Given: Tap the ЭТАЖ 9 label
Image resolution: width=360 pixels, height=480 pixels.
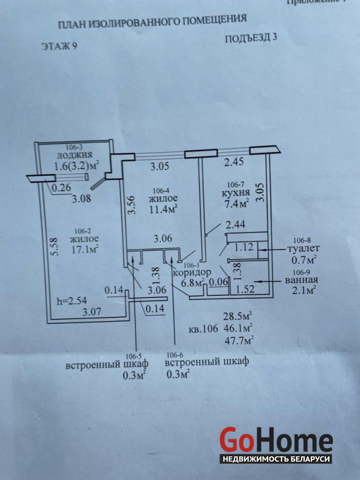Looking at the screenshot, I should pyautogui.click(x=60, y=46).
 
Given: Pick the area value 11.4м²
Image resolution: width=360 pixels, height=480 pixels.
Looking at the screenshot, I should pyautogui.click(x=163, y=209).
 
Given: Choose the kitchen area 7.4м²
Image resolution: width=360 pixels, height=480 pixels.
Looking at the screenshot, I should pyautogui.click(x=236, y=205).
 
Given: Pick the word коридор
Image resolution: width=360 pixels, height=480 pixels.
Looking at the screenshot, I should pyautogui.click(x=192, y=272).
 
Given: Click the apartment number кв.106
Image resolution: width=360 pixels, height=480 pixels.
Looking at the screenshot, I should pyautogui.click(x=203, y=328).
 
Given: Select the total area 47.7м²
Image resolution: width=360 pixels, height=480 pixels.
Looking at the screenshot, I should pyautogui.click(x=238, y=340).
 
